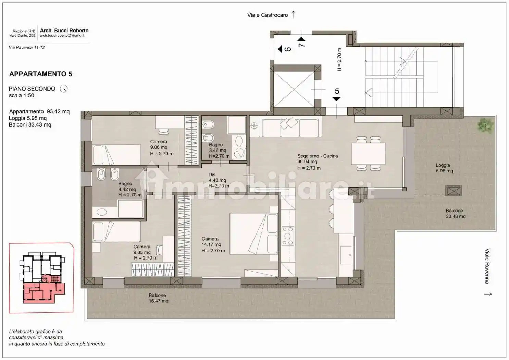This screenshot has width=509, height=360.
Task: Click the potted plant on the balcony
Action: pos(486,125)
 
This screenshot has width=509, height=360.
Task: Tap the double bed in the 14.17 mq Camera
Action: pos(254,233)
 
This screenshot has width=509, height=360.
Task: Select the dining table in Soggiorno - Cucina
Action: pos(368,154)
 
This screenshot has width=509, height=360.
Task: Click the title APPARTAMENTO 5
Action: pos(40,74)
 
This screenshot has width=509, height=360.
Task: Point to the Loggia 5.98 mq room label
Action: pos(444,168)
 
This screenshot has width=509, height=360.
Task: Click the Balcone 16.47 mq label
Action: pos(158,298)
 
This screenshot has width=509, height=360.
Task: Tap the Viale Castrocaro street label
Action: pos(268,15)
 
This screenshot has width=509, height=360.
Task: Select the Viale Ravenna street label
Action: pos(487,266)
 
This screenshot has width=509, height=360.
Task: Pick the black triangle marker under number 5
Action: pos(336,99)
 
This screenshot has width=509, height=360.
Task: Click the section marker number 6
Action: pos(288,49)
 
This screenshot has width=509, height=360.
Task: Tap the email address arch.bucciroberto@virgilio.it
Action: pos(62,35)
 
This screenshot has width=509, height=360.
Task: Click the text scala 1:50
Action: pos(22,96)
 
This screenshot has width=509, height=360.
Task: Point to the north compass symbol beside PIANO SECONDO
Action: pos(64,89)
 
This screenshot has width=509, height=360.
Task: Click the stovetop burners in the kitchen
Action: pos(288,236)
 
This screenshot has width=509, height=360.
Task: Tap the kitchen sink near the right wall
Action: pos(346,255)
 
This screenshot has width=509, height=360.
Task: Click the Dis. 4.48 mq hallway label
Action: pos(219,180)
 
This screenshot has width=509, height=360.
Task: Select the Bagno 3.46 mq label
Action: pos(219,150)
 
